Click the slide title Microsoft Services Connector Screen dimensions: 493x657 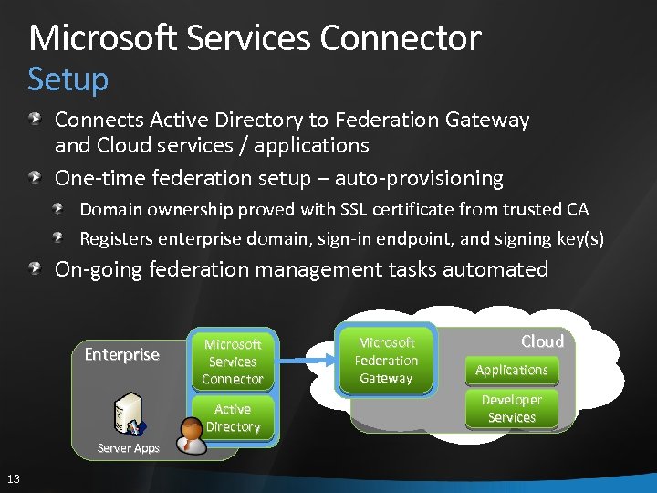pyautogui.click(x=255, y=38)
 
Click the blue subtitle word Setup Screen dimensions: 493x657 pyautogui.click(x=68, y=79)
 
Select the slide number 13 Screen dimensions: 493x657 pyautogui.click(x=14, y=479)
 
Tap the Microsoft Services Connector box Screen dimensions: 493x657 pyautogui.click(x=232, y=362)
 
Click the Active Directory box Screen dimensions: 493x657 pyautogui.click(x=233, y=418)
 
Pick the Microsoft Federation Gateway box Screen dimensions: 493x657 pyautogui.click(x=386, y=361)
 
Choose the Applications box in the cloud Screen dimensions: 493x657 pyautogui.click(x=511, y=370)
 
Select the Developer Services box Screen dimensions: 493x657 pyautogui.click(x=511, y=409)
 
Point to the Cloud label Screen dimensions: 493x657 pyautogui.click(x=542, y=341)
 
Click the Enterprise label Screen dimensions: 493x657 pyautogui.click(x=121, y=354)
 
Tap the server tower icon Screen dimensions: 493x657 pyautogui.click(x=127, y=413)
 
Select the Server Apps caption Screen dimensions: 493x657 pyautogui.click(x=128, y=448)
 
